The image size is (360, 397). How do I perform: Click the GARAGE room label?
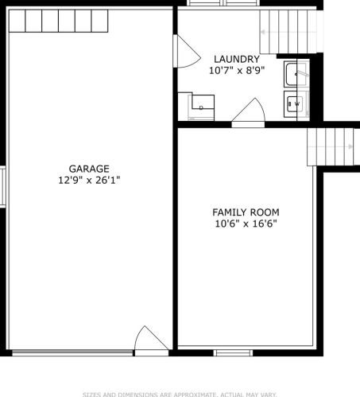point(89,169)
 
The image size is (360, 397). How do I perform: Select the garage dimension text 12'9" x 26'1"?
point(89,181)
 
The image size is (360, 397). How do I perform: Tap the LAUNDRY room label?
point(237,59)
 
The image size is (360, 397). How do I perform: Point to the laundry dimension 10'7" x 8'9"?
point(237,71)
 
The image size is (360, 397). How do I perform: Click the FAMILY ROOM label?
point(246,212)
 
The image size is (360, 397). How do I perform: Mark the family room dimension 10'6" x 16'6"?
point(246,224)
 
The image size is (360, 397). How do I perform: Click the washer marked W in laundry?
point(296,104)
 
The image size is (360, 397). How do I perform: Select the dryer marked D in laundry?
point(201,106)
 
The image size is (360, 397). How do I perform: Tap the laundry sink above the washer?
point(296,73)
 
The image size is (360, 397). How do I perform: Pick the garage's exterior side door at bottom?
point(151,341)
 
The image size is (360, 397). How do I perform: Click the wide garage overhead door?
point(72,352)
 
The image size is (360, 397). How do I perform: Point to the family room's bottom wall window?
point(233,352)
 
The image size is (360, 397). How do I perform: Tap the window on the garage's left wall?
point(2,186)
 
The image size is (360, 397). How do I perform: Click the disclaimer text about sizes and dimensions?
point(180,395)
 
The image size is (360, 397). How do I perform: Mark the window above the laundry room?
point(223,3)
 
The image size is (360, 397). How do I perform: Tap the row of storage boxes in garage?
point(58,21)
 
